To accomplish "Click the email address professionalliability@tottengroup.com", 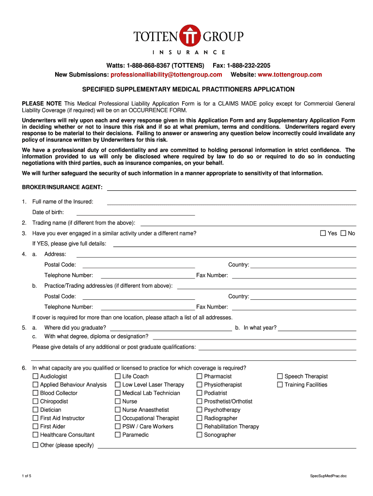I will [166, 75].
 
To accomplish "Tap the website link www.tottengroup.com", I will [290, 75].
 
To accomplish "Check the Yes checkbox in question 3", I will [323, 233].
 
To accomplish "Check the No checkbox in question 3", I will [343, 233].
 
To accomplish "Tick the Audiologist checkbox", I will [35, 376].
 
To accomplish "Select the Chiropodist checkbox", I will [35, 402].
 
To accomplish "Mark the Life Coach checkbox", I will [118, 376].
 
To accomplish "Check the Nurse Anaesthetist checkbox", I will [118, 410].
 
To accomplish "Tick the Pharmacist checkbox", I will [200, 376].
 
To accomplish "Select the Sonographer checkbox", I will [200, 435].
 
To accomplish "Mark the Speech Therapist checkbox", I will [280, 376].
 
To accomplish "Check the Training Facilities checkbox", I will [280, 385].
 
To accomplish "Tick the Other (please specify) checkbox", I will [35, 445].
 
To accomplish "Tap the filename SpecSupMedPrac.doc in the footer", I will [328, 476].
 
